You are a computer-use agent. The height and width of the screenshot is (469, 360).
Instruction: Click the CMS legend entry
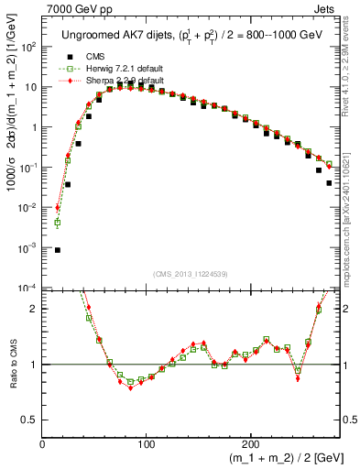click(x=91, y=57)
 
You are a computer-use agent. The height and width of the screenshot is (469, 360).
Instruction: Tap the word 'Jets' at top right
click(x=326, y=8)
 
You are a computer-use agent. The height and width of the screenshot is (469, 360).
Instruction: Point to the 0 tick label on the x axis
click(x=43, y=443)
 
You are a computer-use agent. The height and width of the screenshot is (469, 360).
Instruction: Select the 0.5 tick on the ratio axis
click(x=29, y=420)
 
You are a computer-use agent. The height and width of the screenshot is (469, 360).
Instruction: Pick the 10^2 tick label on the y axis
click(x=27, y=47)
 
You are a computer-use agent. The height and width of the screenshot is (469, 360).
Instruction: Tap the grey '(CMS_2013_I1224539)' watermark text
click(x=191, y=272)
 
